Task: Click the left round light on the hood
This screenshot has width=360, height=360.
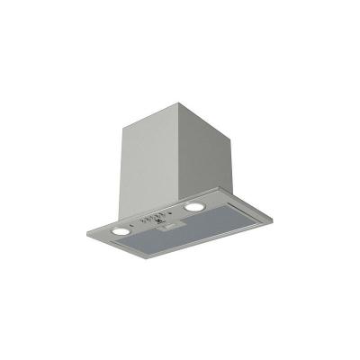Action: point(121,231)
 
